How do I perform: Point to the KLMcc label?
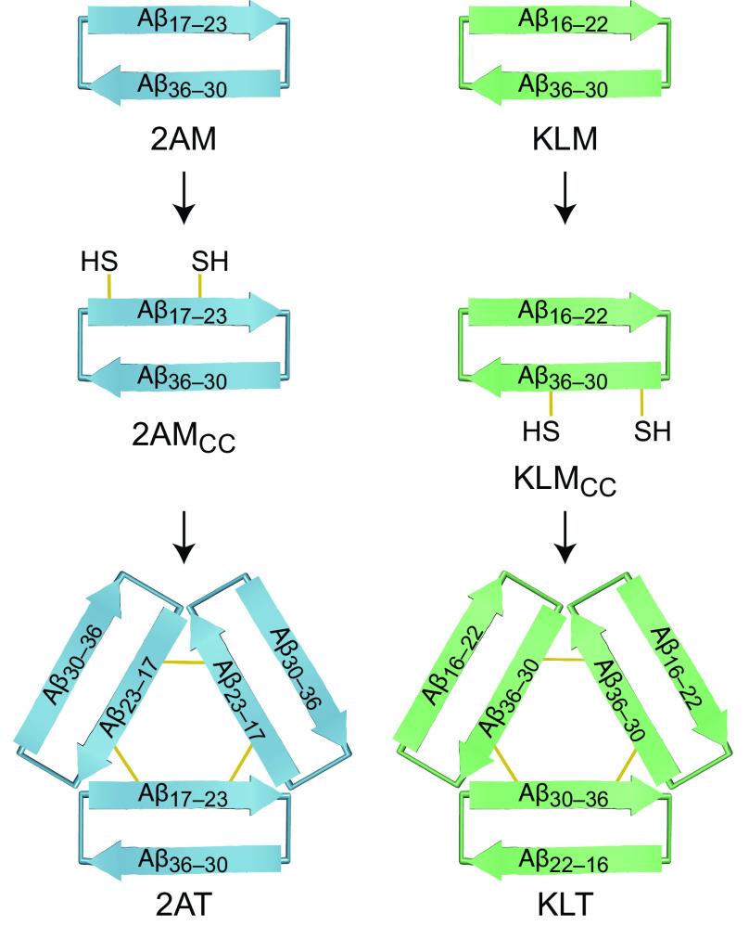click(x=565, y=486)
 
